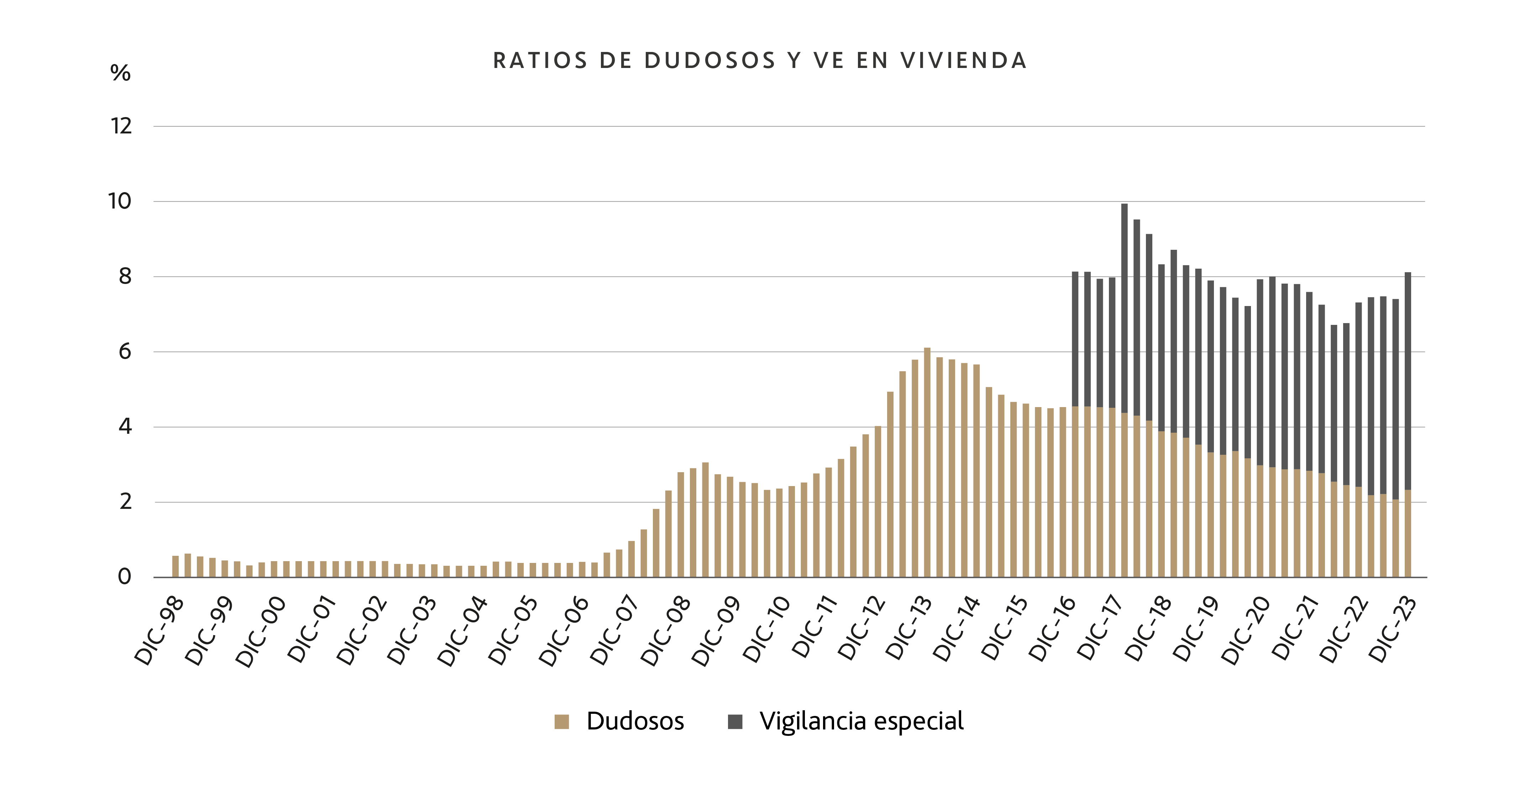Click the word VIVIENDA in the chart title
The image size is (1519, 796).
pyautogui.click(x=964, y=61)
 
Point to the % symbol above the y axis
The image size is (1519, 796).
pyautogui.click(x=120, y=73)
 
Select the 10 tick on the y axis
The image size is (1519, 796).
pyautogui.click(x=120, y=201)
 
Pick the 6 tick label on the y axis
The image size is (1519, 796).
pyautogui.click(x=125, y=352)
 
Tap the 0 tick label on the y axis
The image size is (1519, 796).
pyautogui.click(x=125, y=577)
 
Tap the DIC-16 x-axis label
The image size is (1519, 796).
pyautogui.click(x=1053, y=628)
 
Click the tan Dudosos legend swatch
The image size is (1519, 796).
pyautogui.click(x=561, y=722)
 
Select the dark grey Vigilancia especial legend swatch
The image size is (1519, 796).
pyautogui.click(x=735, y=722)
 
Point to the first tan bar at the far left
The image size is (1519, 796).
pyautogui.click(x=175, y=566)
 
